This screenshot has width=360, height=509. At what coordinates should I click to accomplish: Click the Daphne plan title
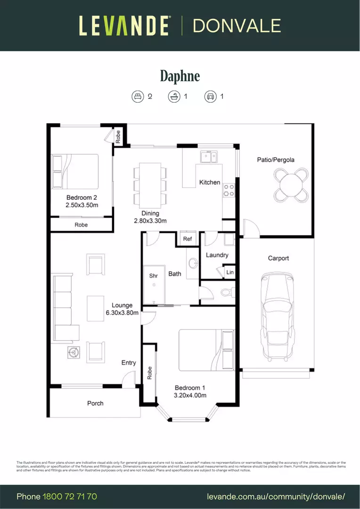click(180, 76)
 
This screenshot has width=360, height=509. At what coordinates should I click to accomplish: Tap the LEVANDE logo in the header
click(124, 25)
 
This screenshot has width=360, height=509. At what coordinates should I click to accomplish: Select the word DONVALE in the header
click(237, 25)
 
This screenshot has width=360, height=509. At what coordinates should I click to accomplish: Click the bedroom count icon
click(137, 97)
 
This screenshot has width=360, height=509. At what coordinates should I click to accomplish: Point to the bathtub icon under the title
click(174, 97)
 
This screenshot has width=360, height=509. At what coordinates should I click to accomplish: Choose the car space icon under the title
click(210, 97)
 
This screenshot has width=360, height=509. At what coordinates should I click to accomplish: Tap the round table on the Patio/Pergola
click(291, 185)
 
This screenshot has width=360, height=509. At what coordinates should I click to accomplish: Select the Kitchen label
click(210, 182)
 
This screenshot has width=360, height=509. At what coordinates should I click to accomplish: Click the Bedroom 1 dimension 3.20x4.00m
click(190, 395)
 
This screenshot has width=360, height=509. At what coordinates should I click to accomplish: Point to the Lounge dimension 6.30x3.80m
click(122, 312)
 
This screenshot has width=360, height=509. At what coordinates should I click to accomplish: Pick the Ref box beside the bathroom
click(188, 239)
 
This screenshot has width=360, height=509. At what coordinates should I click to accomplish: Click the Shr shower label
click(153, 276)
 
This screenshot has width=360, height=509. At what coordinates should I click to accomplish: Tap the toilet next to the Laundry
click(226, 293)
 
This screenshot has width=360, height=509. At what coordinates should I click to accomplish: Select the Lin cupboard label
click(230, 272)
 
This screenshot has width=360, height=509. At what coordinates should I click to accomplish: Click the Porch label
click(95, 403)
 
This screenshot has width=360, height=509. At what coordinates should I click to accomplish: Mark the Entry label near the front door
click(129, 362)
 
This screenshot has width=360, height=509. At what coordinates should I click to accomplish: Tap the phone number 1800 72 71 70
click(70, 496)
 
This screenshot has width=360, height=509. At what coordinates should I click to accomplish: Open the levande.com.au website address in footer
click(276, 496)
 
